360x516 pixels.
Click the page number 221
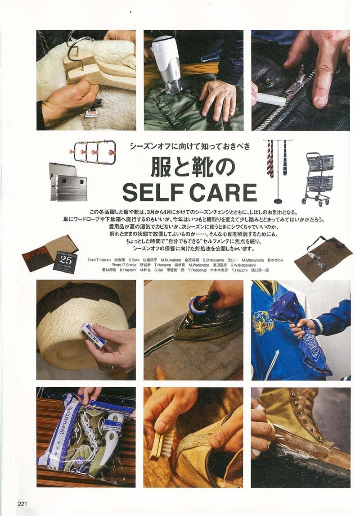tap(22, 503)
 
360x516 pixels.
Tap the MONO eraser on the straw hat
tap(94, 335)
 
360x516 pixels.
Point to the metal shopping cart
tap(319, 177)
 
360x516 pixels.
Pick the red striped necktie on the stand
tap(270, 158)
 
